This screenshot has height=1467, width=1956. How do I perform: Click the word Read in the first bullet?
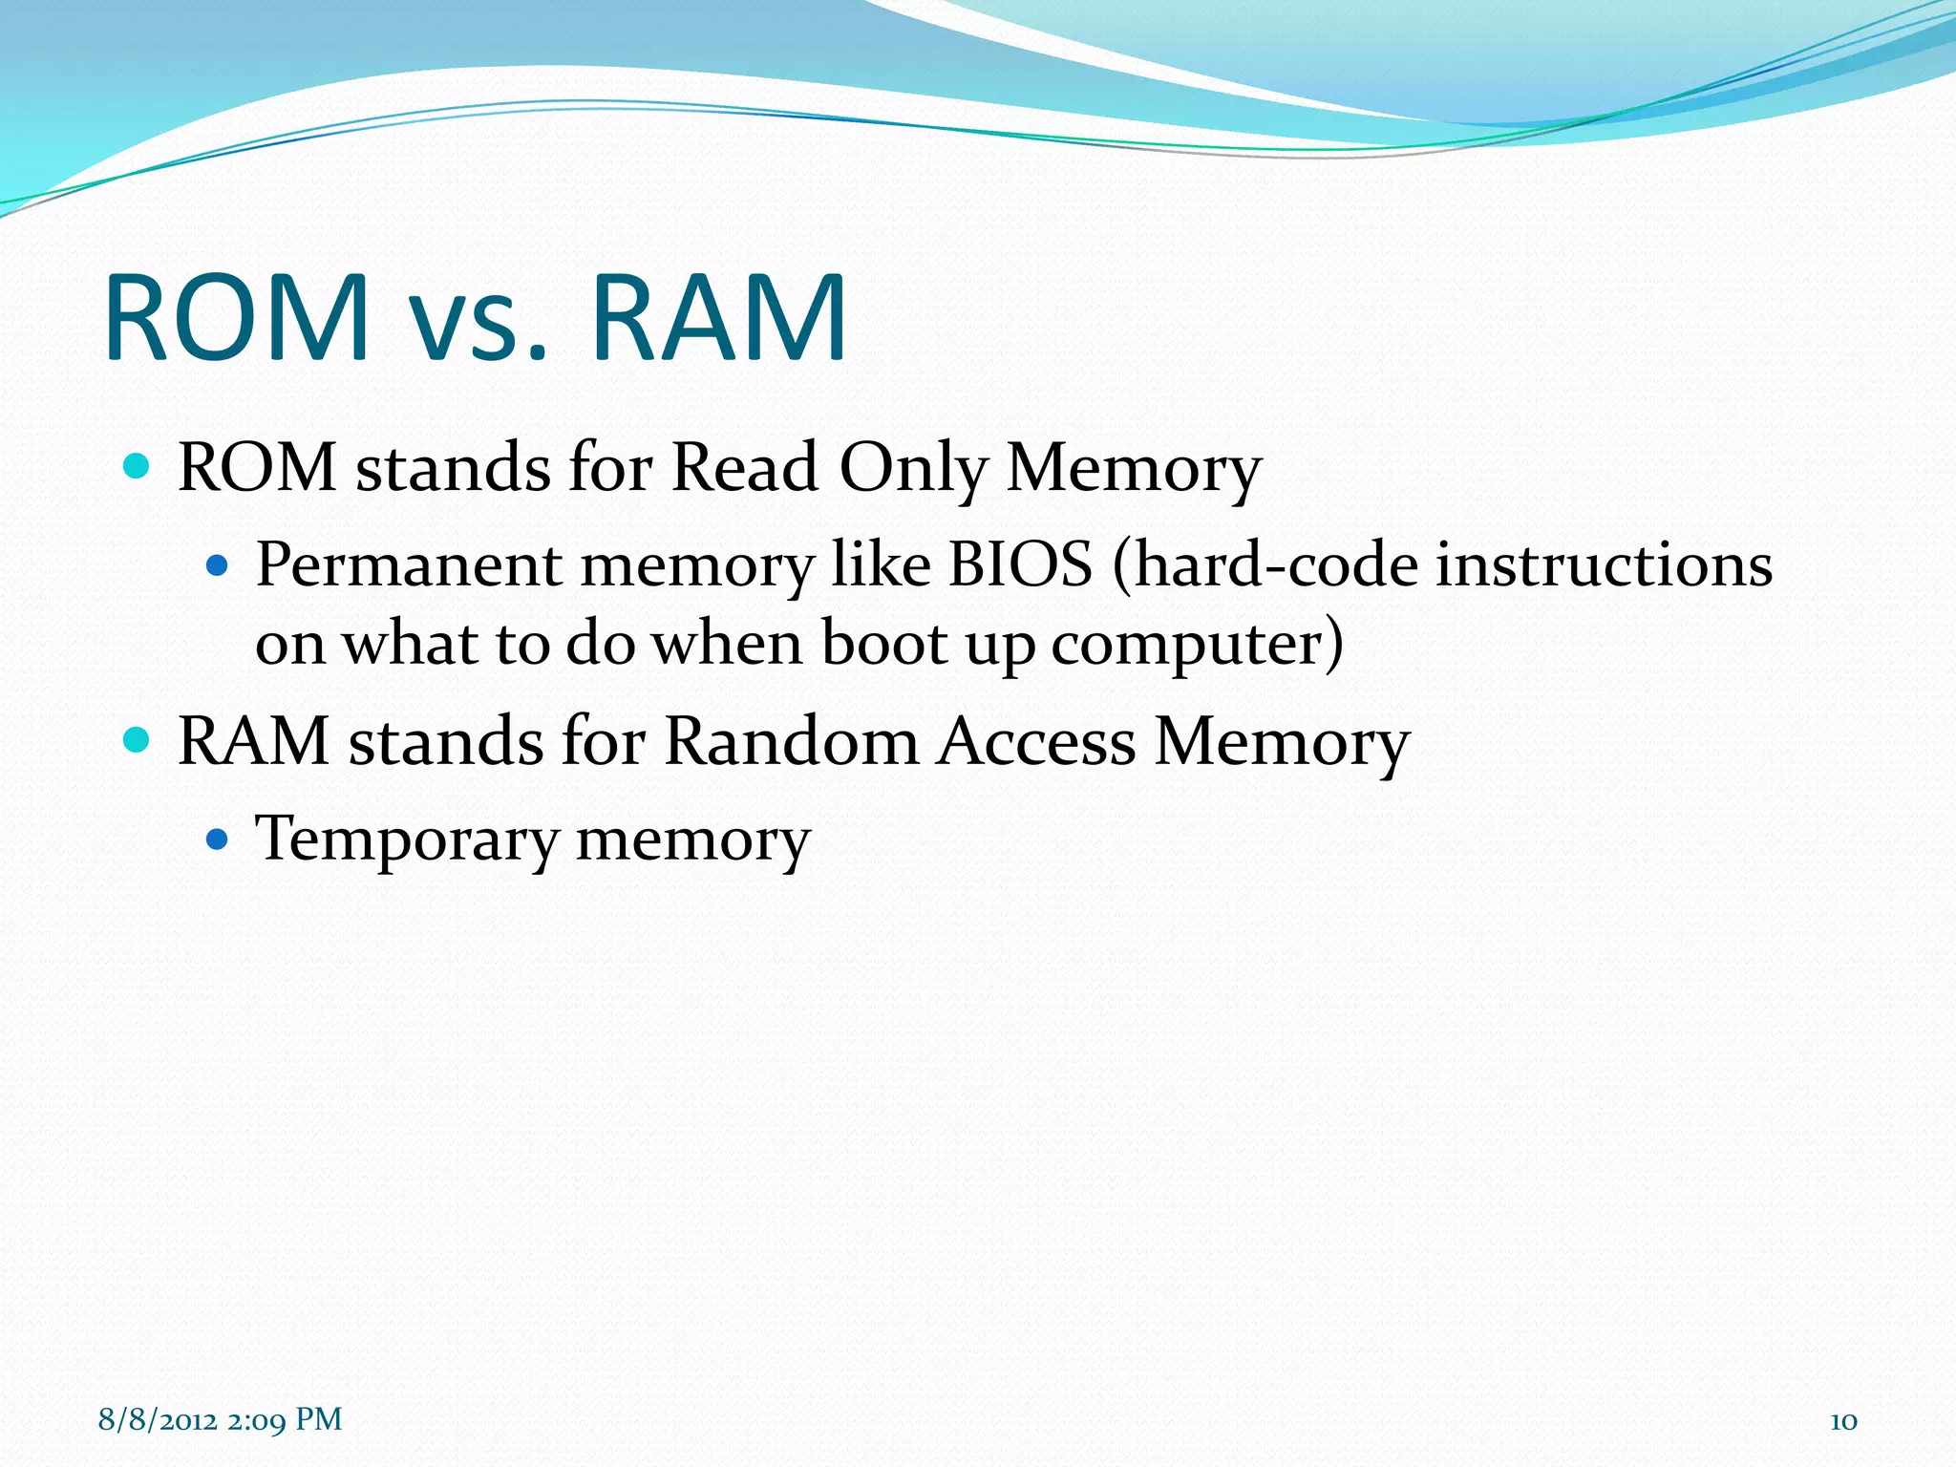[x=744, y=468]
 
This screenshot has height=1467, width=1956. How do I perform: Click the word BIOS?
[x=1019, y=564]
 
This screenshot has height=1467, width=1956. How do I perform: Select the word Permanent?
[x=409, y=564]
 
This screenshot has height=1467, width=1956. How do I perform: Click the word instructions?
[x=1604, y=564]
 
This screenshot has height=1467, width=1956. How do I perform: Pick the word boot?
[x=884, y=643]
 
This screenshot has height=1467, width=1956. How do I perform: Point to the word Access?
[x=1035, y=741]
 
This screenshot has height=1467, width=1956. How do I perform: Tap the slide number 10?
[x=1842, y=1420]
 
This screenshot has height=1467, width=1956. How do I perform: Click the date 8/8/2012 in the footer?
[x=157, y=1419]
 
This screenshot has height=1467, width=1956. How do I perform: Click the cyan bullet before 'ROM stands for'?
[x=138, y=466]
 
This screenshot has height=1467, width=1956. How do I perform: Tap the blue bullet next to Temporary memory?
[x=219, y=840]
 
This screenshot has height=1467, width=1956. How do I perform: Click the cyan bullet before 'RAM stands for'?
[x=138, y=739]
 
